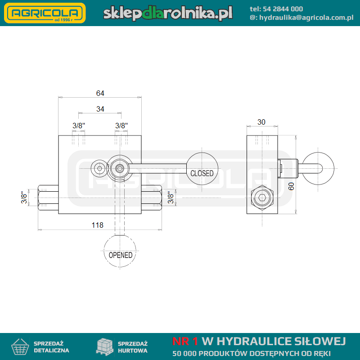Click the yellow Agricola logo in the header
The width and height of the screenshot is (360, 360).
coord(45,13)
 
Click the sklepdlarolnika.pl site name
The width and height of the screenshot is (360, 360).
coord(168,13)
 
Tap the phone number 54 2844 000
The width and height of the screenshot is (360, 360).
coord(283,9)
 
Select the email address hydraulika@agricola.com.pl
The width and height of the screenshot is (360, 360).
coord(306,18)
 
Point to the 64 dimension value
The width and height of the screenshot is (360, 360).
coord(100,93)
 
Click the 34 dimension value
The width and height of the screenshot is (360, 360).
coord(100,109)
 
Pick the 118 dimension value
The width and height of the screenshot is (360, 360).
coord(97,225)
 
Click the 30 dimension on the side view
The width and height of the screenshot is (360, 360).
coord(261,122)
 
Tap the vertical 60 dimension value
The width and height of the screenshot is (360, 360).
coord(291,186)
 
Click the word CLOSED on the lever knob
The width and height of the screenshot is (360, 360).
coord(202,173)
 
